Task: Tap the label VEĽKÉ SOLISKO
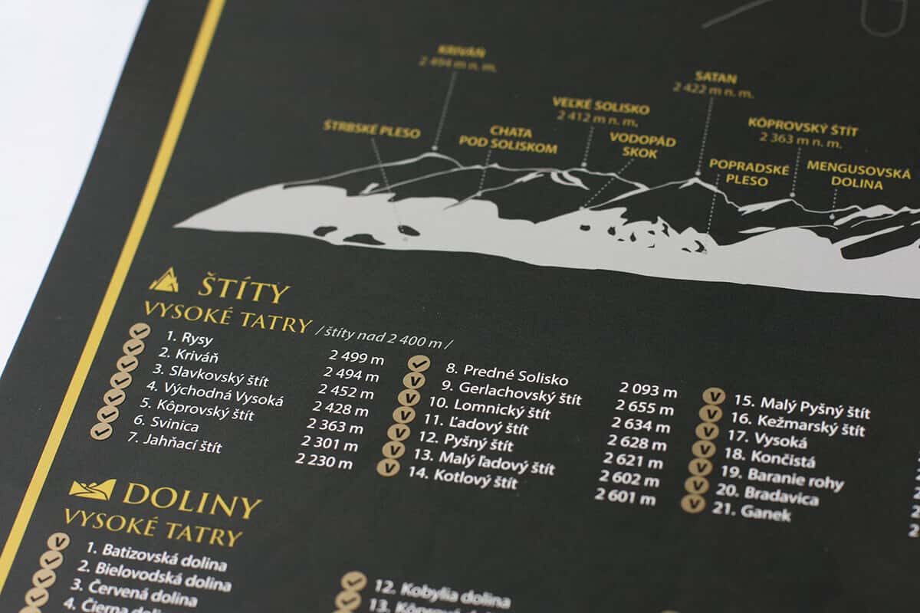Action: [x=600, y=106]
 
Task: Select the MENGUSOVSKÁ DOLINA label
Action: [x=858, y=175]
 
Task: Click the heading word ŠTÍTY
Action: [x=244, y=290]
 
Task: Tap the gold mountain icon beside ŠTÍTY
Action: [x=164, y=281]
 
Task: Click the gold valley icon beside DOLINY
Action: [x=92, y=488]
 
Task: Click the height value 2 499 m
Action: [x=356, y=356]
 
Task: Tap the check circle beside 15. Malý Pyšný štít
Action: [x=714, y=396]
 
